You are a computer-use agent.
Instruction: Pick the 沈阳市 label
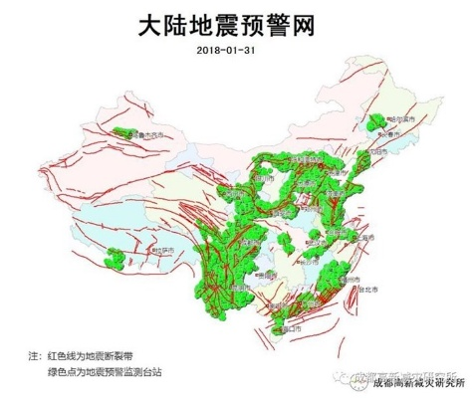coord(374,152)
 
